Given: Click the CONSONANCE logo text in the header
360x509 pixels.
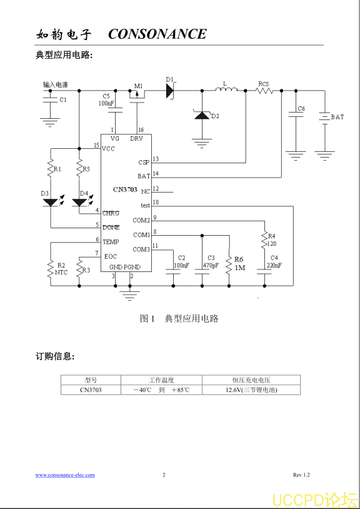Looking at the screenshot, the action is (x=157, y=34).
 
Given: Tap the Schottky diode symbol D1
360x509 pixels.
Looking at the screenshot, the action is (x=170, y=91).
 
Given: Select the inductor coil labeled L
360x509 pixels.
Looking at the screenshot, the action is (x=226, y=89).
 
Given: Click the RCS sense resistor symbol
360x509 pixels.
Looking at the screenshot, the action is (x=264, y=91).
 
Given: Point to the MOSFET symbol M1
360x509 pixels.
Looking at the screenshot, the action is (x=137, y=96).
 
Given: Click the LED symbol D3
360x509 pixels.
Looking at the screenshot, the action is (x=50, y=202).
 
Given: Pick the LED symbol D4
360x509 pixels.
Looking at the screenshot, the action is (x=79, y=202).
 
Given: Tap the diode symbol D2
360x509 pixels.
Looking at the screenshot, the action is (x=202, y=115).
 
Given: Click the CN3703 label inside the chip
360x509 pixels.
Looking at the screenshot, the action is (x=125, y=189).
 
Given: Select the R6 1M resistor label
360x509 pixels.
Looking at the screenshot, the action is (x=239, y=264).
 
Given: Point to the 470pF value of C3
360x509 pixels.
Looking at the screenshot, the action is (x=211, y=265).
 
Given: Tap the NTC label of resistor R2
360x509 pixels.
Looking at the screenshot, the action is (x=61, y=273).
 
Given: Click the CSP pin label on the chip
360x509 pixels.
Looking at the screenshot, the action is (x=144, y=163).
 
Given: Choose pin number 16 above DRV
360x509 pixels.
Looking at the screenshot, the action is (x=141, y=130).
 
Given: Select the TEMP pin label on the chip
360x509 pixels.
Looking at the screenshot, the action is (x=111, y=242).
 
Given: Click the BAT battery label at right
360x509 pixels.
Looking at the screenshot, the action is (x=337, y=117).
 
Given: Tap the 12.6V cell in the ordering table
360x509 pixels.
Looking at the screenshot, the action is (x=251, y=390).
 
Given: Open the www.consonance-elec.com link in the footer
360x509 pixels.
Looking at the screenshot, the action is (x=65, y=475).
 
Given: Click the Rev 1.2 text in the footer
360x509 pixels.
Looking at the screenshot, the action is (x=301, y=475).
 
